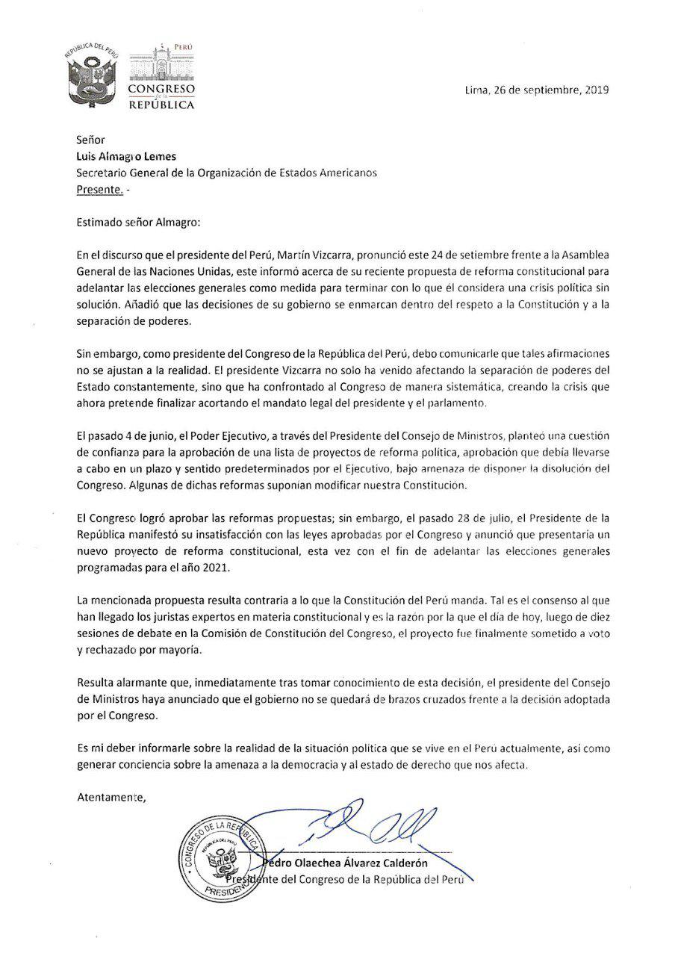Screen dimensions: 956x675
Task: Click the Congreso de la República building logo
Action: (161, 75)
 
